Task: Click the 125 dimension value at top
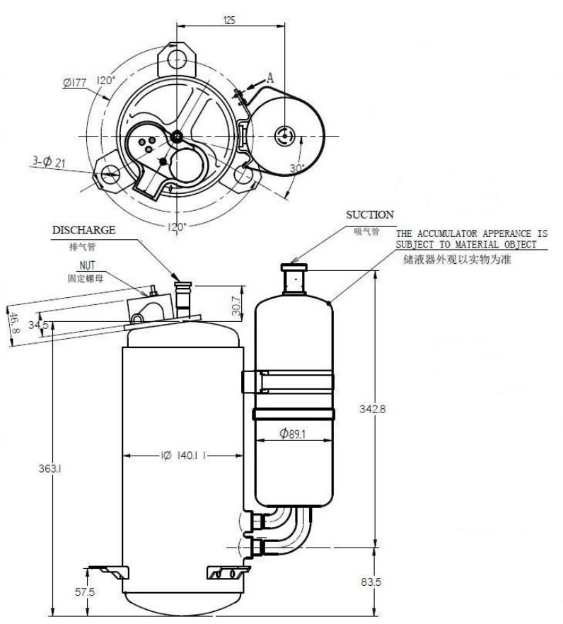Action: pos(229,21)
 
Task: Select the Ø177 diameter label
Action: pos(74,83)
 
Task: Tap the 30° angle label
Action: pos(297,168)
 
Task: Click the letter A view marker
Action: pos(269,77)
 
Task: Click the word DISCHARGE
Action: pos(83,230)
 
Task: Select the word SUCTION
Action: pos(370,214)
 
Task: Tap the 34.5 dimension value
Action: pos(37,325)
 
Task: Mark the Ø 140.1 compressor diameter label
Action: pos(182,456)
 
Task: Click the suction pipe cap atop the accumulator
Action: pos(294,267)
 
